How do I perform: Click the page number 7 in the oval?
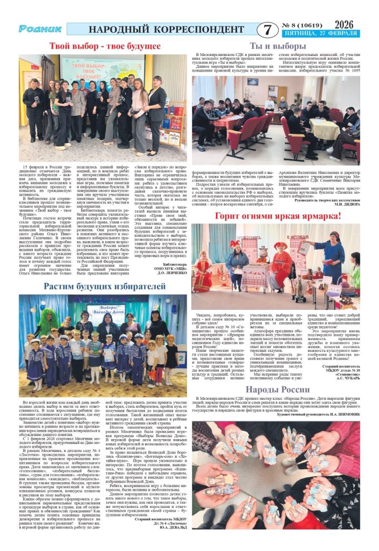click(264, 30)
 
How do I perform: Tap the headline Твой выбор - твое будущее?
click(97, 46)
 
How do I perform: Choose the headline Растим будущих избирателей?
click(105, 286)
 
